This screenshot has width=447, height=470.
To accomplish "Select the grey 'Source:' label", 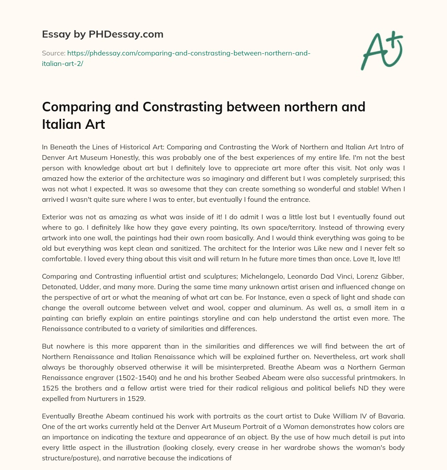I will (53, 53).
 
